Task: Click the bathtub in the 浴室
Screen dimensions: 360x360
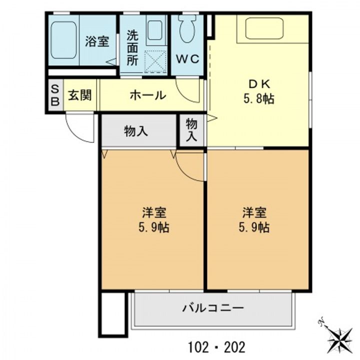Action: coord(63,40)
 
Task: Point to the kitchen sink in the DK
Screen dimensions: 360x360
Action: coord(264,28)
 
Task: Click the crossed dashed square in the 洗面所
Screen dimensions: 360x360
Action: coord(155,62)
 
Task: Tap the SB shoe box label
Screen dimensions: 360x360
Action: coord(55,95)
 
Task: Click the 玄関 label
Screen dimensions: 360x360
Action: coord(80,95)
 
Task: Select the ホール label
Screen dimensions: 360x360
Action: coord(148,95)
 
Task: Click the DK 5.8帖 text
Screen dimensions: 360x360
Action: coord(259,92)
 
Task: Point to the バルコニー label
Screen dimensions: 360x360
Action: coord(213,308)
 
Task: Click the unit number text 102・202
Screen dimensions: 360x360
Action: coord(216,347)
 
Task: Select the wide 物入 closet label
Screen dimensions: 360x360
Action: coord(136,131)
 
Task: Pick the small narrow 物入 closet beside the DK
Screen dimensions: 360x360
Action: coord(191,129)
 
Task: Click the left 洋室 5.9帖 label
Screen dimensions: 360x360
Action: coord(154,219)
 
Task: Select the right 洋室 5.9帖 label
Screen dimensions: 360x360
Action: coord(254,219)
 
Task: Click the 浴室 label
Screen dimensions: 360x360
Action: coord(97,41)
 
